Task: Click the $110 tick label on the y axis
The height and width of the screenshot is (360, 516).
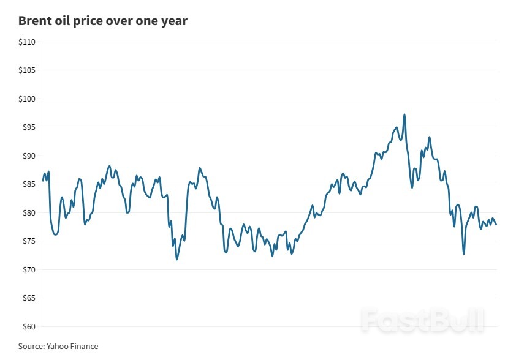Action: [x=27, y=42]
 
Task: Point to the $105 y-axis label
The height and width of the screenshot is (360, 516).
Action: [x=27, y=70]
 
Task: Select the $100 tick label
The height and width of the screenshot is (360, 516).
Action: [x=27, y=99]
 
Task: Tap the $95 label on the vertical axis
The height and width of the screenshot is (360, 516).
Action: [x=29, y=127]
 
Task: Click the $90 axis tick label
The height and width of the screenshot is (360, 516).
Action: [x=29, y=156]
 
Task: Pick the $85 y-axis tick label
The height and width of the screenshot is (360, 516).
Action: [x=29, y=184]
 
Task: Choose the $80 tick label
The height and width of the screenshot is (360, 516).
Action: [x=29, y=213]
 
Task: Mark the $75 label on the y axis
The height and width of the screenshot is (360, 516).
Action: [x=29, y=241]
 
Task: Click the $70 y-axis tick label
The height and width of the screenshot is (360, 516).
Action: [x=29, y=270]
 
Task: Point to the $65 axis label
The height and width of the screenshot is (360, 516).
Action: [x=29, y=298]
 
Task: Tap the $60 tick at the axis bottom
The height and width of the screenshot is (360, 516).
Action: [x=29, y=326]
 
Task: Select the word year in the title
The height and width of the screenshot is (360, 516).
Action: [x=173, y=21]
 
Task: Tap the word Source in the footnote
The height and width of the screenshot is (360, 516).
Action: [x=31, y=347]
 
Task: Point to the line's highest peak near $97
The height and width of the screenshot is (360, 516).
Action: [x=404, y=114]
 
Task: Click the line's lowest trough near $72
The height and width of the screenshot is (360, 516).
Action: [x=176, y=259]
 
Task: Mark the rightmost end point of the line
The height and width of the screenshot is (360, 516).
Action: [x=496, y=224]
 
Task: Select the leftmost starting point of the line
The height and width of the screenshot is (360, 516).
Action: [x=42, y=181]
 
